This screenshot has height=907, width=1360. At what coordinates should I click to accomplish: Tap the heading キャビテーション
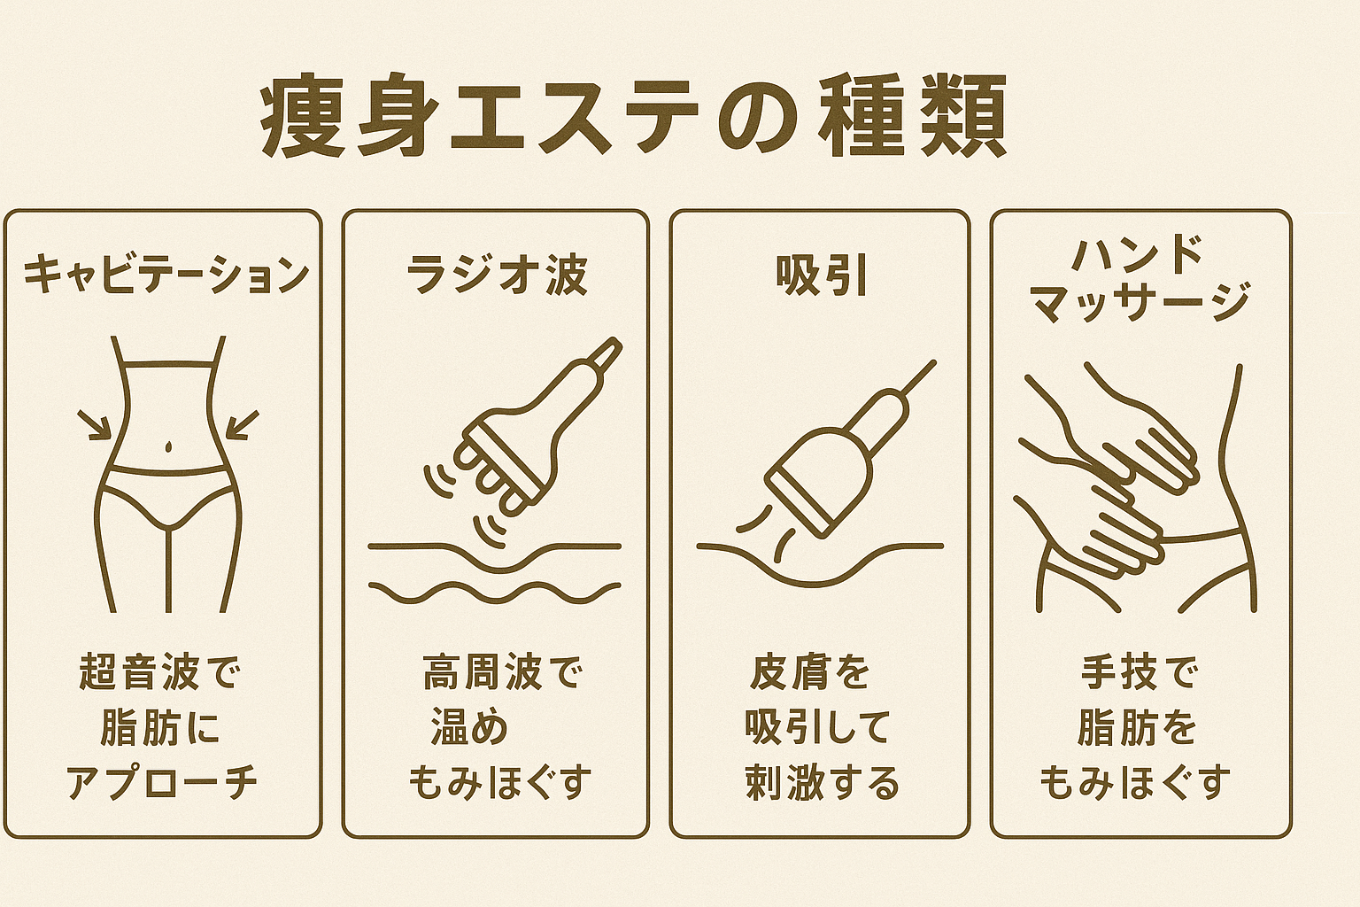tap(166, 275)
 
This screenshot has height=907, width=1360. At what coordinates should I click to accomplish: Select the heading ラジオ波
tap(497, 275)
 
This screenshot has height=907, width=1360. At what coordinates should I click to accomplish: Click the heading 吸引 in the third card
tap(820, 275)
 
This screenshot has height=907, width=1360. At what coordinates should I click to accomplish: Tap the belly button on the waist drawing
tap(169, 446)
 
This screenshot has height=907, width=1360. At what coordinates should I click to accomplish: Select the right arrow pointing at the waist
tap(243, 424)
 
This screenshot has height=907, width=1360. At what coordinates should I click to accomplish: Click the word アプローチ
tap(162, 783)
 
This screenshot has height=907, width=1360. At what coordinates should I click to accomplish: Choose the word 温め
tap(468, 727)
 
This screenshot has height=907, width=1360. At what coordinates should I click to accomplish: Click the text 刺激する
tap(822, 783)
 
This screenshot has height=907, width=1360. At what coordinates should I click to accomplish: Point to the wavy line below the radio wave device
tap(495, 592)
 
